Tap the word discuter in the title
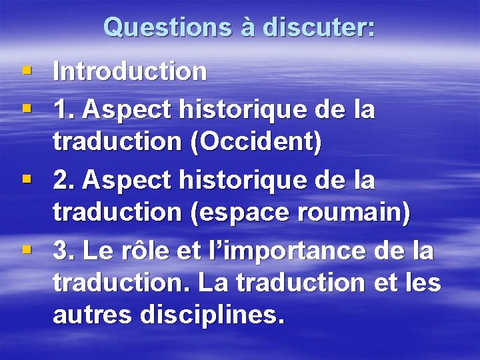pos(319,27)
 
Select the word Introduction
pos(130,71)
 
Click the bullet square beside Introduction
pos(25,69)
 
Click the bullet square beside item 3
pos(25,249)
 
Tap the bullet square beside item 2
pos(25,177)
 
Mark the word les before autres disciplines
pos(423,283)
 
